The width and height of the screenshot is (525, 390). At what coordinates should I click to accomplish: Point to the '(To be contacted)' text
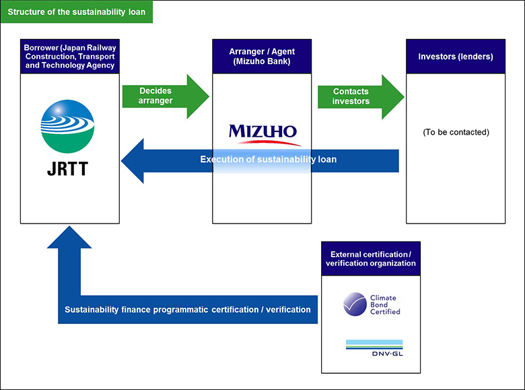pyautogui.click(x=456, y=132)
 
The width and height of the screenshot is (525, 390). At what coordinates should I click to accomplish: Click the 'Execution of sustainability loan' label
pyautogui.click(x=267, y=160)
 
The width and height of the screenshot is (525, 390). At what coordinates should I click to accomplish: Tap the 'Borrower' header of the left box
pyautogui.click(x=70, y=57)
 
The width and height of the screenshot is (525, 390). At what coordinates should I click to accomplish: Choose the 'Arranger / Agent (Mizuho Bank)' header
pyautogui.click(x=262, y=57)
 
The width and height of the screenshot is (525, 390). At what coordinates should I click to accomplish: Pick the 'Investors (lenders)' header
pyautogui.click(x=456, y=57)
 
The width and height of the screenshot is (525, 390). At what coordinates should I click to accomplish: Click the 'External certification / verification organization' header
pyautogui.click(x=371, y=258)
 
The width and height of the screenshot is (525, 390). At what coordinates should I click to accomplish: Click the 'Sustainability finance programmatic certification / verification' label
pyautogui.click(x=188, y=310)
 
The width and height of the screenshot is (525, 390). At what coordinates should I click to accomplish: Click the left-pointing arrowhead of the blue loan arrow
pyautogui.click(x=133, y=160)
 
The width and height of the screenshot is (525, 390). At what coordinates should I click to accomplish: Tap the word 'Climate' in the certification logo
pyautogui.click(x=384, y=298)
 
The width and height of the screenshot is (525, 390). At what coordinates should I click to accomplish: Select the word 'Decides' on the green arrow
pyautogui.click(x=155, y=90)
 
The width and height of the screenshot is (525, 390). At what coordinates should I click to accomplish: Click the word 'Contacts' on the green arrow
pyautogui.click(x=351, y=91)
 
